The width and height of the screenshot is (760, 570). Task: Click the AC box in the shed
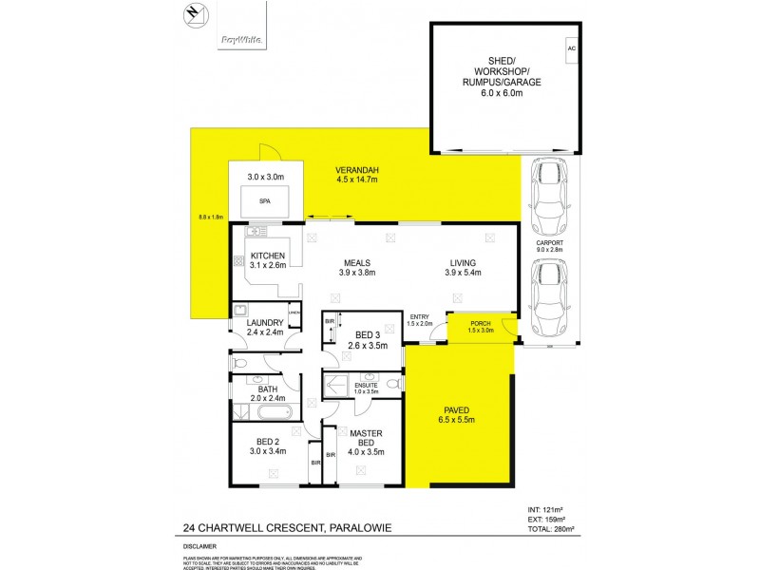571,48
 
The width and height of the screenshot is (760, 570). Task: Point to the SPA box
266,201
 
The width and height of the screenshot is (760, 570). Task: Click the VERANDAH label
357,170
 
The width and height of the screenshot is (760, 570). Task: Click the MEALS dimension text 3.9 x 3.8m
358,273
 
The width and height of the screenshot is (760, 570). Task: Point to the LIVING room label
463,263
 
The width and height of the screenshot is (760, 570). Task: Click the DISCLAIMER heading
200,546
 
